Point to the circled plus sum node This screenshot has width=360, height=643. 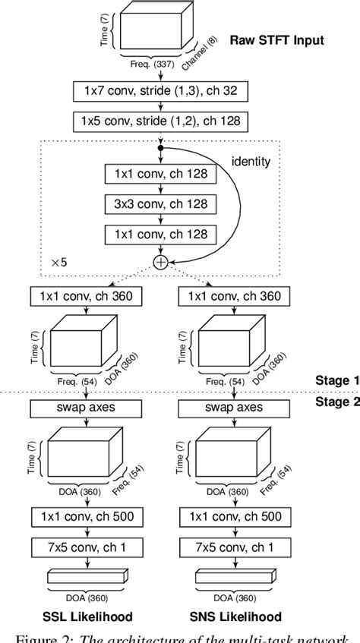pyautogui.click(x=161, y=262)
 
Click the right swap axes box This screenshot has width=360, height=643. pyautogui.click(x=232, y=409)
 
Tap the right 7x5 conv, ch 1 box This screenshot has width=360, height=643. pyautogui.click(x=232, y=547)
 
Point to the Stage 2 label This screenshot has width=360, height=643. pyautogui.click(x=336, y=402)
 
